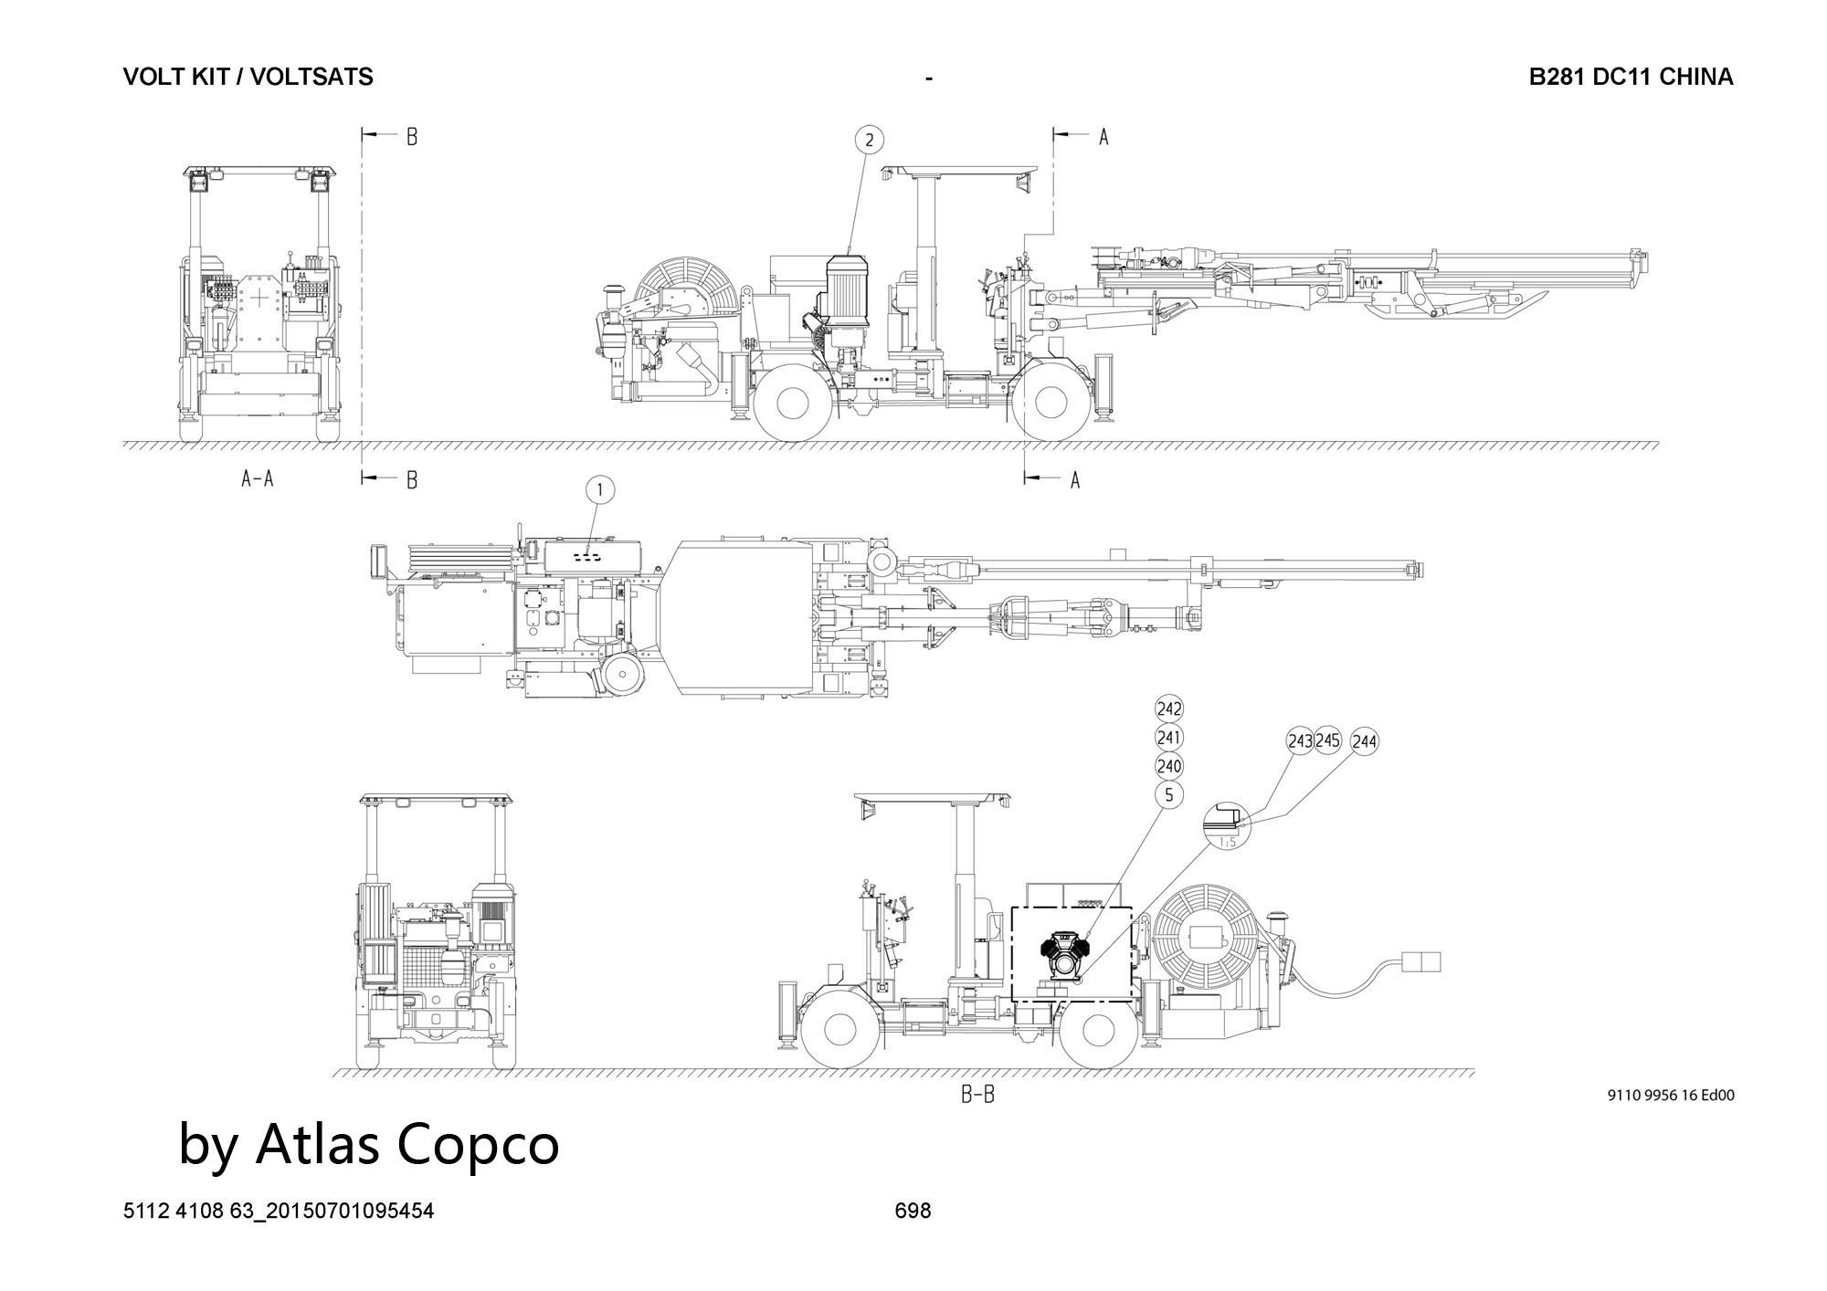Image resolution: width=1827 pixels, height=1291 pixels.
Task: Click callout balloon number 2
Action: point(869,140)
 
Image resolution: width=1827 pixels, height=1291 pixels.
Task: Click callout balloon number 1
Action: point(600,490)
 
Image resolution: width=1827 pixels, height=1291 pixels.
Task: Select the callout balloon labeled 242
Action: point(1169,708)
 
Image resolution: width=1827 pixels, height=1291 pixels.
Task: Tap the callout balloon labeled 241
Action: point(1169,737)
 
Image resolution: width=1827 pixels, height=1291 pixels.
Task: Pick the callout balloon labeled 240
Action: point(1169,766)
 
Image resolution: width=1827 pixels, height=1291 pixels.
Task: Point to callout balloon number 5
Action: point(1169,795)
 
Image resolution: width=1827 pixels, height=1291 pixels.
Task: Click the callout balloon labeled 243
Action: point(1300,741)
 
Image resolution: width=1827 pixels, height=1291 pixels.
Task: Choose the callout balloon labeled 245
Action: point(1326,741)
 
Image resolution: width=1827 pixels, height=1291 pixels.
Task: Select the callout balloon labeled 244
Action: point(1364,742)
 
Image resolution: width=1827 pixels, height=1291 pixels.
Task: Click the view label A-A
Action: point(257,478)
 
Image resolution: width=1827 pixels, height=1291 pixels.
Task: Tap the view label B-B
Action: point(977,1095)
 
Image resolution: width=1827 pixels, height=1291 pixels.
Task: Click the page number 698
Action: point(913,1211)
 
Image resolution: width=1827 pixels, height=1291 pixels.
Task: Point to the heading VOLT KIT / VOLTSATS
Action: point(248,77)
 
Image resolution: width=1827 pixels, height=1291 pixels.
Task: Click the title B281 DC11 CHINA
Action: point(1632,77)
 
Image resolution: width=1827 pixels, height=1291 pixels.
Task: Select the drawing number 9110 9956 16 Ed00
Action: point(1671,1096)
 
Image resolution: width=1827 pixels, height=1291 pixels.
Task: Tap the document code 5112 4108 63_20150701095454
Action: point(279,1211)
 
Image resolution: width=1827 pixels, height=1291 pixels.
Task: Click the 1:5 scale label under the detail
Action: point(1228,842)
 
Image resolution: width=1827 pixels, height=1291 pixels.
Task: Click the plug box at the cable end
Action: point(1420,962)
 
